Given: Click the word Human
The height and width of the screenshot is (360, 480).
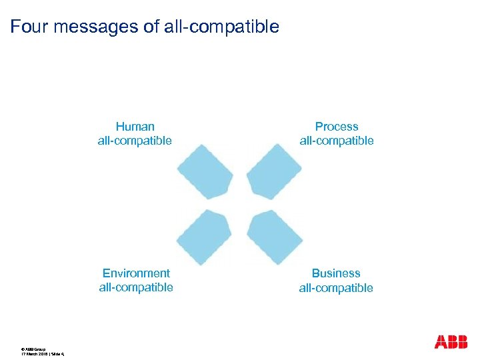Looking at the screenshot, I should click(x=135, y=127).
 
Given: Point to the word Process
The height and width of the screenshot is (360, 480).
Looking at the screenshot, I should click(x=337, y=127).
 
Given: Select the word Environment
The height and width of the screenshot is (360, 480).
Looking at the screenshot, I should click(x=136, y=273).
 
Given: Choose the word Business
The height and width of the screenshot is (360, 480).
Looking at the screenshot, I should click(x=336, y=273).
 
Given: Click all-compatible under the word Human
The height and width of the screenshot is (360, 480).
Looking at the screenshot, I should click(x=135, y=141).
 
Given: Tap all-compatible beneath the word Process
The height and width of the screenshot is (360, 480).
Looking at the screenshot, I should click(x=337, y=141).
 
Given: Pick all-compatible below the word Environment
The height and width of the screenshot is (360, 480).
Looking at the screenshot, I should click(x=136, y=287).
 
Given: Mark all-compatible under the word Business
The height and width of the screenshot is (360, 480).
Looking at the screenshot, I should click(x=336, y=288).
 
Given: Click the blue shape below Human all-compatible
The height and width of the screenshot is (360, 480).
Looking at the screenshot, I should click(x=205, y=171).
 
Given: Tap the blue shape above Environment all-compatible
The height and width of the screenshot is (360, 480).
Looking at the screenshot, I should click(x=204, y=237).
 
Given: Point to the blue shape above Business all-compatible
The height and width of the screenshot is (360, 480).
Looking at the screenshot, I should click(x=274, y=237).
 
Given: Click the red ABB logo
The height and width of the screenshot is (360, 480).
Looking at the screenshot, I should click(x=451, y=341).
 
